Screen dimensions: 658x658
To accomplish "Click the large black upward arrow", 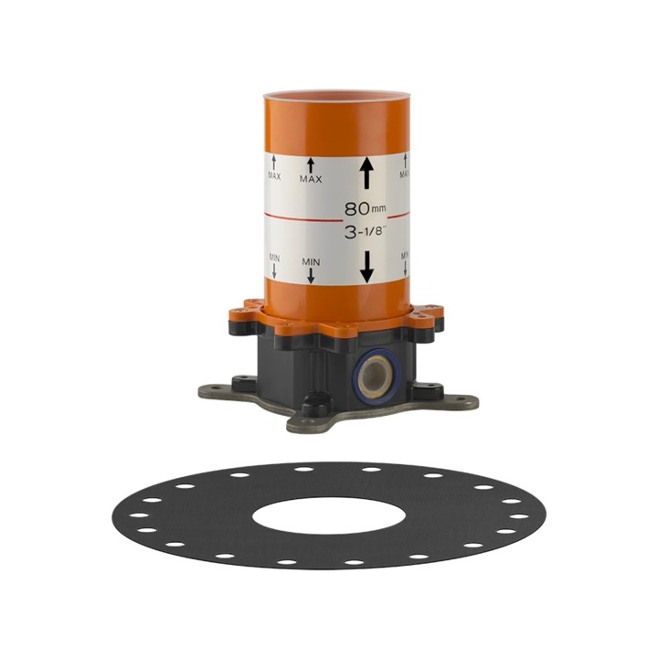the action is (367, 173).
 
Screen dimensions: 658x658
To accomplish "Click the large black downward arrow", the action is (367, 267).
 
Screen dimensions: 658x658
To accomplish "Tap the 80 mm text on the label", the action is (365, 208).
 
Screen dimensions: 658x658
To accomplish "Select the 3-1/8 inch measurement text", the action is (365, 231).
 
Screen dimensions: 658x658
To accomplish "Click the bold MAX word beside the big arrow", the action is (311, 179).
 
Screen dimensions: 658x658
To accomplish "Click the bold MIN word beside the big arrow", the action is (311, 262).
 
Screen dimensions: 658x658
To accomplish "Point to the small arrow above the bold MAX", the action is (311, 164).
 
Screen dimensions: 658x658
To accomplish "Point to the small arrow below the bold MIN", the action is (311, 275).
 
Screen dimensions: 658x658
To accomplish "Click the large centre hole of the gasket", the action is (329, 515).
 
